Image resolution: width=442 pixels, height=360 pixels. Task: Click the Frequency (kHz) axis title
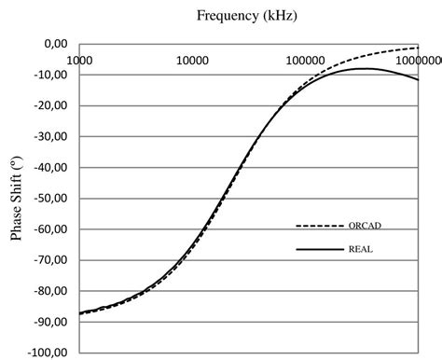tap(248, 16)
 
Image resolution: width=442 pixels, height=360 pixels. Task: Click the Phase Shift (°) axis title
tap(17, 199)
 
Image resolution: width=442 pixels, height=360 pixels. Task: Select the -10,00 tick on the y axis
tap(53, 75)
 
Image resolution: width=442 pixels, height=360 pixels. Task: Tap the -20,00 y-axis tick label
tap(53, 105)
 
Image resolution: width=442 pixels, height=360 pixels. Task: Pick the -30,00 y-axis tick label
tap(53, 136)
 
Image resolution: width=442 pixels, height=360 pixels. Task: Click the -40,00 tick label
tap(53, 167)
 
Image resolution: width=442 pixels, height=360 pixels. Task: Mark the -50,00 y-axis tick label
tap(53, 198)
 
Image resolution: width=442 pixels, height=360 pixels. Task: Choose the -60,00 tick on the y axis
tap(53, 228)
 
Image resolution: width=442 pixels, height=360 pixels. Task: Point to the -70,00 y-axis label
tap(53, 259)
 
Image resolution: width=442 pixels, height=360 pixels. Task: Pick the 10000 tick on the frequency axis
tap(192, 60)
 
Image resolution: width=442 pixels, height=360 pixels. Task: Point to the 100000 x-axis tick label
tap(305, 60)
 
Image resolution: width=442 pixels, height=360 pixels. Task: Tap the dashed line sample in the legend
tap(317, 226)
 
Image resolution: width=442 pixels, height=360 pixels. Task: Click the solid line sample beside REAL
tap(317, 249)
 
